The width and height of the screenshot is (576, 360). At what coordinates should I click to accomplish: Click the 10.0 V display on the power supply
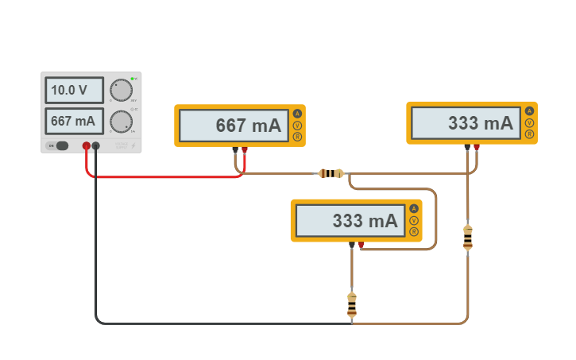(x=74, y=90)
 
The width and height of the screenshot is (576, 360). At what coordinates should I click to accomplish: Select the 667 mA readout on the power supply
(x=74, y=122)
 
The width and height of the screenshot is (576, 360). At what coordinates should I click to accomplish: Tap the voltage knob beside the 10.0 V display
(x=121, y=91)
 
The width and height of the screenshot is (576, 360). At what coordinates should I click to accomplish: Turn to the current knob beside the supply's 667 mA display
(x=121, y=122)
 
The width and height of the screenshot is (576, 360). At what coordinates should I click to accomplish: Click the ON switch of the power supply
(x=58, y=145)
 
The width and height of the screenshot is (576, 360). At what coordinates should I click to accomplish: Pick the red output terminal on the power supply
(x=87, y=145)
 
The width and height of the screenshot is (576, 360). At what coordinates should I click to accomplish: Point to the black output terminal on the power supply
(x=96, y=145)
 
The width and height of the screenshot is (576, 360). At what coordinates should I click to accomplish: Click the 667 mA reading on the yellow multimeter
(x=234, y=126)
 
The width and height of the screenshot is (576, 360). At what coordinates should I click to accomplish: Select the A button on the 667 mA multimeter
(x=297, y=114)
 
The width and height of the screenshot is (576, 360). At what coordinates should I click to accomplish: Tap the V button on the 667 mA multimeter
(x=297, y=126)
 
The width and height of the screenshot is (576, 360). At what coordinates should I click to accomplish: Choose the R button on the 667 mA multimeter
(x=297, y=137)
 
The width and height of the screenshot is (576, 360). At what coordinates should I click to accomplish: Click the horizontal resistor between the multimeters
(x=331, y=173)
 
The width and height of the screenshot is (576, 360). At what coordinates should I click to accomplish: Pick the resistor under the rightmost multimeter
(x=467, y=238)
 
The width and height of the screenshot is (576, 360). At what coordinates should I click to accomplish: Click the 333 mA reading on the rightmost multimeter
(x=466, y=123)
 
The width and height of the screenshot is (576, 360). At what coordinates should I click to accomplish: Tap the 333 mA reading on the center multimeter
(x=350, y=221)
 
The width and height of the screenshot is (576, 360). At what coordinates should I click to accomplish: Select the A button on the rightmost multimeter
(x=529, y=111)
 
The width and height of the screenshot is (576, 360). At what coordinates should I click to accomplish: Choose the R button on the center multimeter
(x=413, y=231)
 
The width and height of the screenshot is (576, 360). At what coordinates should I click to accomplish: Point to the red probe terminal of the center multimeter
(x=361, y=244)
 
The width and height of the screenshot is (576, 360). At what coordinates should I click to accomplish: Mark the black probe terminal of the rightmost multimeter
(x=467, y=146)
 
